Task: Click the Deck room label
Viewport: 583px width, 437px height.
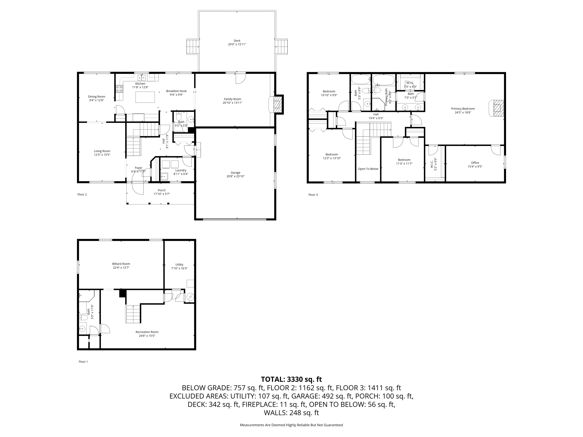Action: tap(237, 41)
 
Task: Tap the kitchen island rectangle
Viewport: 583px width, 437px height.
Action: tap(145, 97)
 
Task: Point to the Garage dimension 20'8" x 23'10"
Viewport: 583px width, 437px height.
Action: tap(235, 176)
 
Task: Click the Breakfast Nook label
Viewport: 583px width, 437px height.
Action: tap(176, 91)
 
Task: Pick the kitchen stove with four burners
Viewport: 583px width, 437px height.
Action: tap(119, 89)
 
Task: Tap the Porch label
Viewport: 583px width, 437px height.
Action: tap(161, 190)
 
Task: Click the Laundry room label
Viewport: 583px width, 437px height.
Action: tap(181, 170)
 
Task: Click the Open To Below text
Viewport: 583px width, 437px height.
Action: tap(368, 169)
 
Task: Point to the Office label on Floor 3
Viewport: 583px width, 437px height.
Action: tap(475, 163)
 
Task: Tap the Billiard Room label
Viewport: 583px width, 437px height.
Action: tap(121, 264)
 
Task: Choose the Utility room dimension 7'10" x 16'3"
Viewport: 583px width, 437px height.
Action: tap(179, 268)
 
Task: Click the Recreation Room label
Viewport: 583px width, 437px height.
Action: tap(147, 332)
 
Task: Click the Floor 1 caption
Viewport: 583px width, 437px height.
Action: tap(83, 362)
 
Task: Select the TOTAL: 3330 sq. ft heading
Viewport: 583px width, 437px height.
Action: tap(291, 379)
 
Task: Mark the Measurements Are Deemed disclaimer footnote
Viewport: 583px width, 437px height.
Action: tap(291, 425)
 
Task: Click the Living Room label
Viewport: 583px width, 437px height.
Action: tap(102, 151)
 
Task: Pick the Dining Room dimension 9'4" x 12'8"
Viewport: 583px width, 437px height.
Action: tap(96, 100)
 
